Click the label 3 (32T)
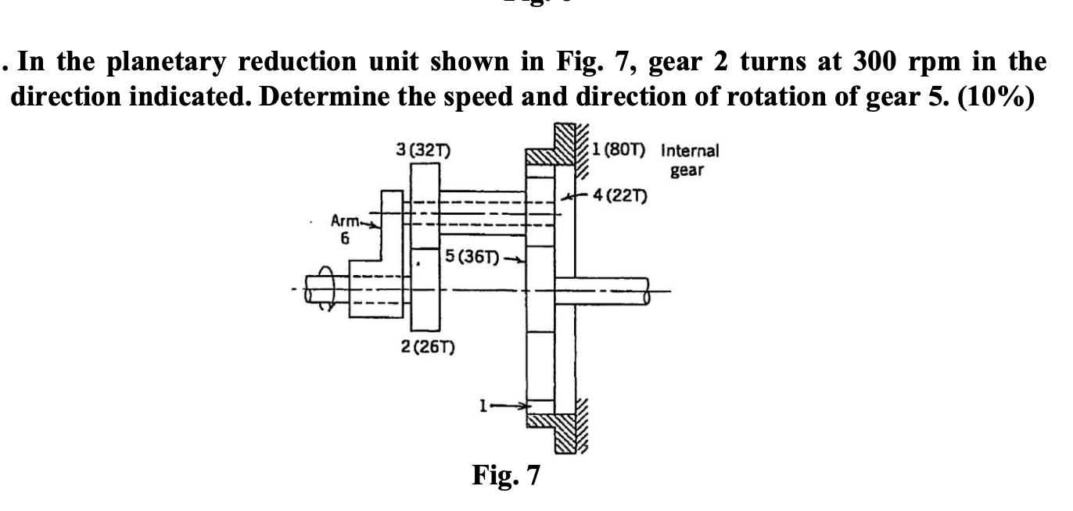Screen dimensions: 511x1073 point(419,152)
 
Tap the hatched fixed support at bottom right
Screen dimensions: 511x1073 point(571,428)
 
